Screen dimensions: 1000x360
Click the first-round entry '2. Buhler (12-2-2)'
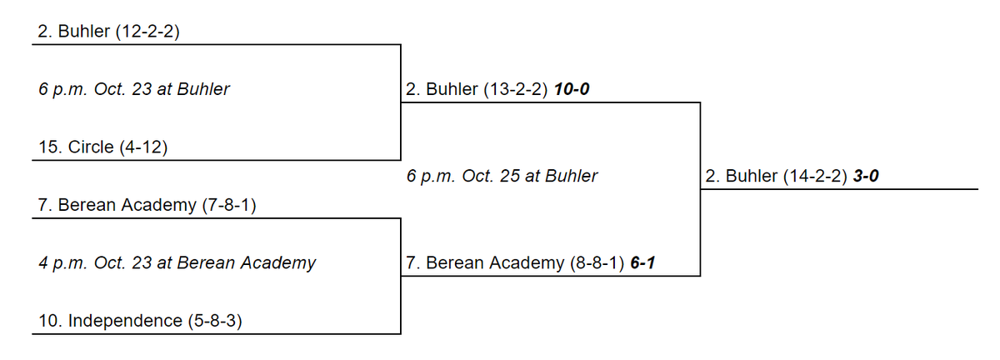tap(108, 32)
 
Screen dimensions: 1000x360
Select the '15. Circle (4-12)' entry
tap(103, 147)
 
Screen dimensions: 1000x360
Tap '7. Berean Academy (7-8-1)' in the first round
tap(147, 205)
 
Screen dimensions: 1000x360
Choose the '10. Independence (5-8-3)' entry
tap(140, 321)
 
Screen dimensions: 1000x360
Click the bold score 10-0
tap(572, 89)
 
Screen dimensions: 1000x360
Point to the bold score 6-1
tap(642, 263)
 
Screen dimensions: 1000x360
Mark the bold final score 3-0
tap(866, 176)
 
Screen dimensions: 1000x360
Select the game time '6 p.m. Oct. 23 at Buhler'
tap(134, 89)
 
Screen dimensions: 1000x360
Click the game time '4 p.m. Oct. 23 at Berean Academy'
tap(177, 263)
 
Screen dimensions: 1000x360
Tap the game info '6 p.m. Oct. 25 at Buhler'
tap(502, 176)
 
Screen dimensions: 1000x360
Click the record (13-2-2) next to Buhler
tap(516, 89)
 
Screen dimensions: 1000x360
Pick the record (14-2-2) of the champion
tap(815, 176)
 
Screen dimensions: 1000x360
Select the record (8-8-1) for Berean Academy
tap(597, 263)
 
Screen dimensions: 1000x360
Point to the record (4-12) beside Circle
tap(143, 147)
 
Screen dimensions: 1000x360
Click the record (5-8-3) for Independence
tap(215, 321)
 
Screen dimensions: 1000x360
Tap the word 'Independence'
tap(125, 321)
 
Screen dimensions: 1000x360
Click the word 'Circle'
tap(91, 147)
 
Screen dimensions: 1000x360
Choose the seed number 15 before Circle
tap(48, 147)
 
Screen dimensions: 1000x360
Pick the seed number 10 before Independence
tap(48, 321)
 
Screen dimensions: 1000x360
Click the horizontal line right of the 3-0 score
tap(839, 189)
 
